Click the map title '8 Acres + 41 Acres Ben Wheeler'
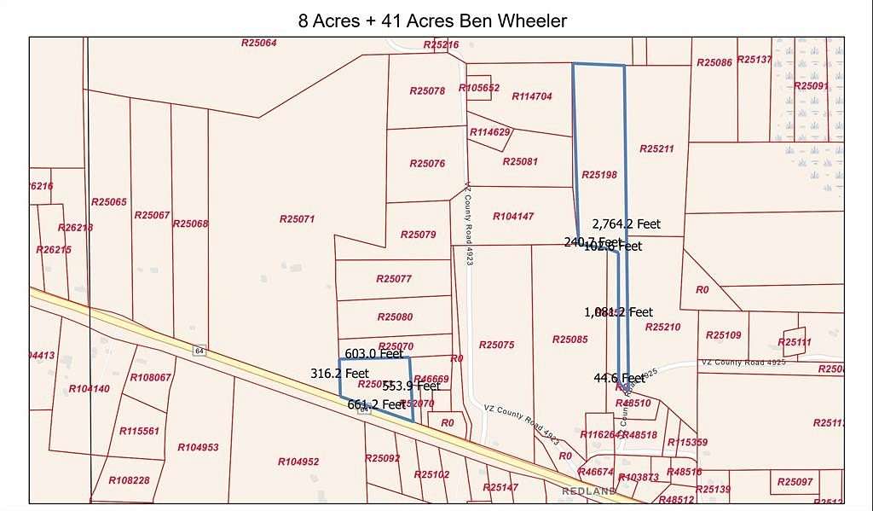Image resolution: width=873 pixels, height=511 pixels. [x=432, y=20]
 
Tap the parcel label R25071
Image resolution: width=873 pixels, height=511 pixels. [x=297, y=219]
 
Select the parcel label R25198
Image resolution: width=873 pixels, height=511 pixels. [x=599, y=174]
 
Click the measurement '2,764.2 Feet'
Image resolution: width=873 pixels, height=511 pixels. [x=627, y=224]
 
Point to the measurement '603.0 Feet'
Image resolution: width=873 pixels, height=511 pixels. [x=373, y=353]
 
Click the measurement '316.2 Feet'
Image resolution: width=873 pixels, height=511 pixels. [x=339, y=374]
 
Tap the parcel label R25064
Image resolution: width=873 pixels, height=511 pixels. [x=259, y=43]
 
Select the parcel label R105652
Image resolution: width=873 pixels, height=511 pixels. [x=478, y=88]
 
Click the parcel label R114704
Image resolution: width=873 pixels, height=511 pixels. [x=532, y=96]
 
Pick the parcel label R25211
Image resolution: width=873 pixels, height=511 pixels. [x=656, y=148]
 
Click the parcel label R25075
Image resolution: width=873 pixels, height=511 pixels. [x=496, y=345]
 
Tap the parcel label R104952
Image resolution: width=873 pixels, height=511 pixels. [x=298, y=462]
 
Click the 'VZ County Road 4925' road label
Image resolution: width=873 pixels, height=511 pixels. [x=743, y=363]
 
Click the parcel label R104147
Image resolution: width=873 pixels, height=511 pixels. [x=513, y=217]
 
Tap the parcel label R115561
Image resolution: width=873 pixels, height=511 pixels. [x=139, y=431]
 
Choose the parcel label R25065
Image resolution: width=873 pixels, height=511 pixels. [x=109, y=202]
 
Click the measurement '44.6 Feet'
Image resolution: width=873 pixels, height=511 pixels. [x=619, y=378]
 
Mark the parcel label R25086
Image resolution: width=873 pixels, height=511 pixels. [x=714, y=62]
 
